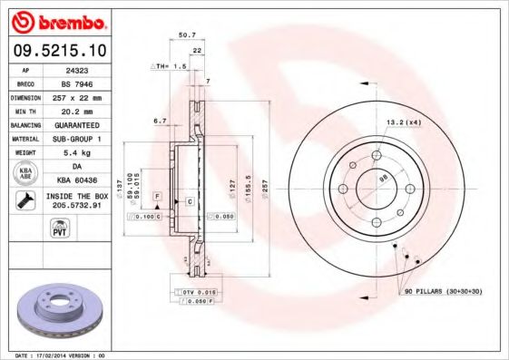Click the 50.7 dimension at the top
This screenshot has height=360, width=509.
pos(188,35)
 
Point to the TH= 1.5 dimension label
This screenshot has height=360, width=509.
pos(168,67)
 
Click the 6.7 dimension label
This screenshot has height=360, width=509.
pos(161,120)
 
